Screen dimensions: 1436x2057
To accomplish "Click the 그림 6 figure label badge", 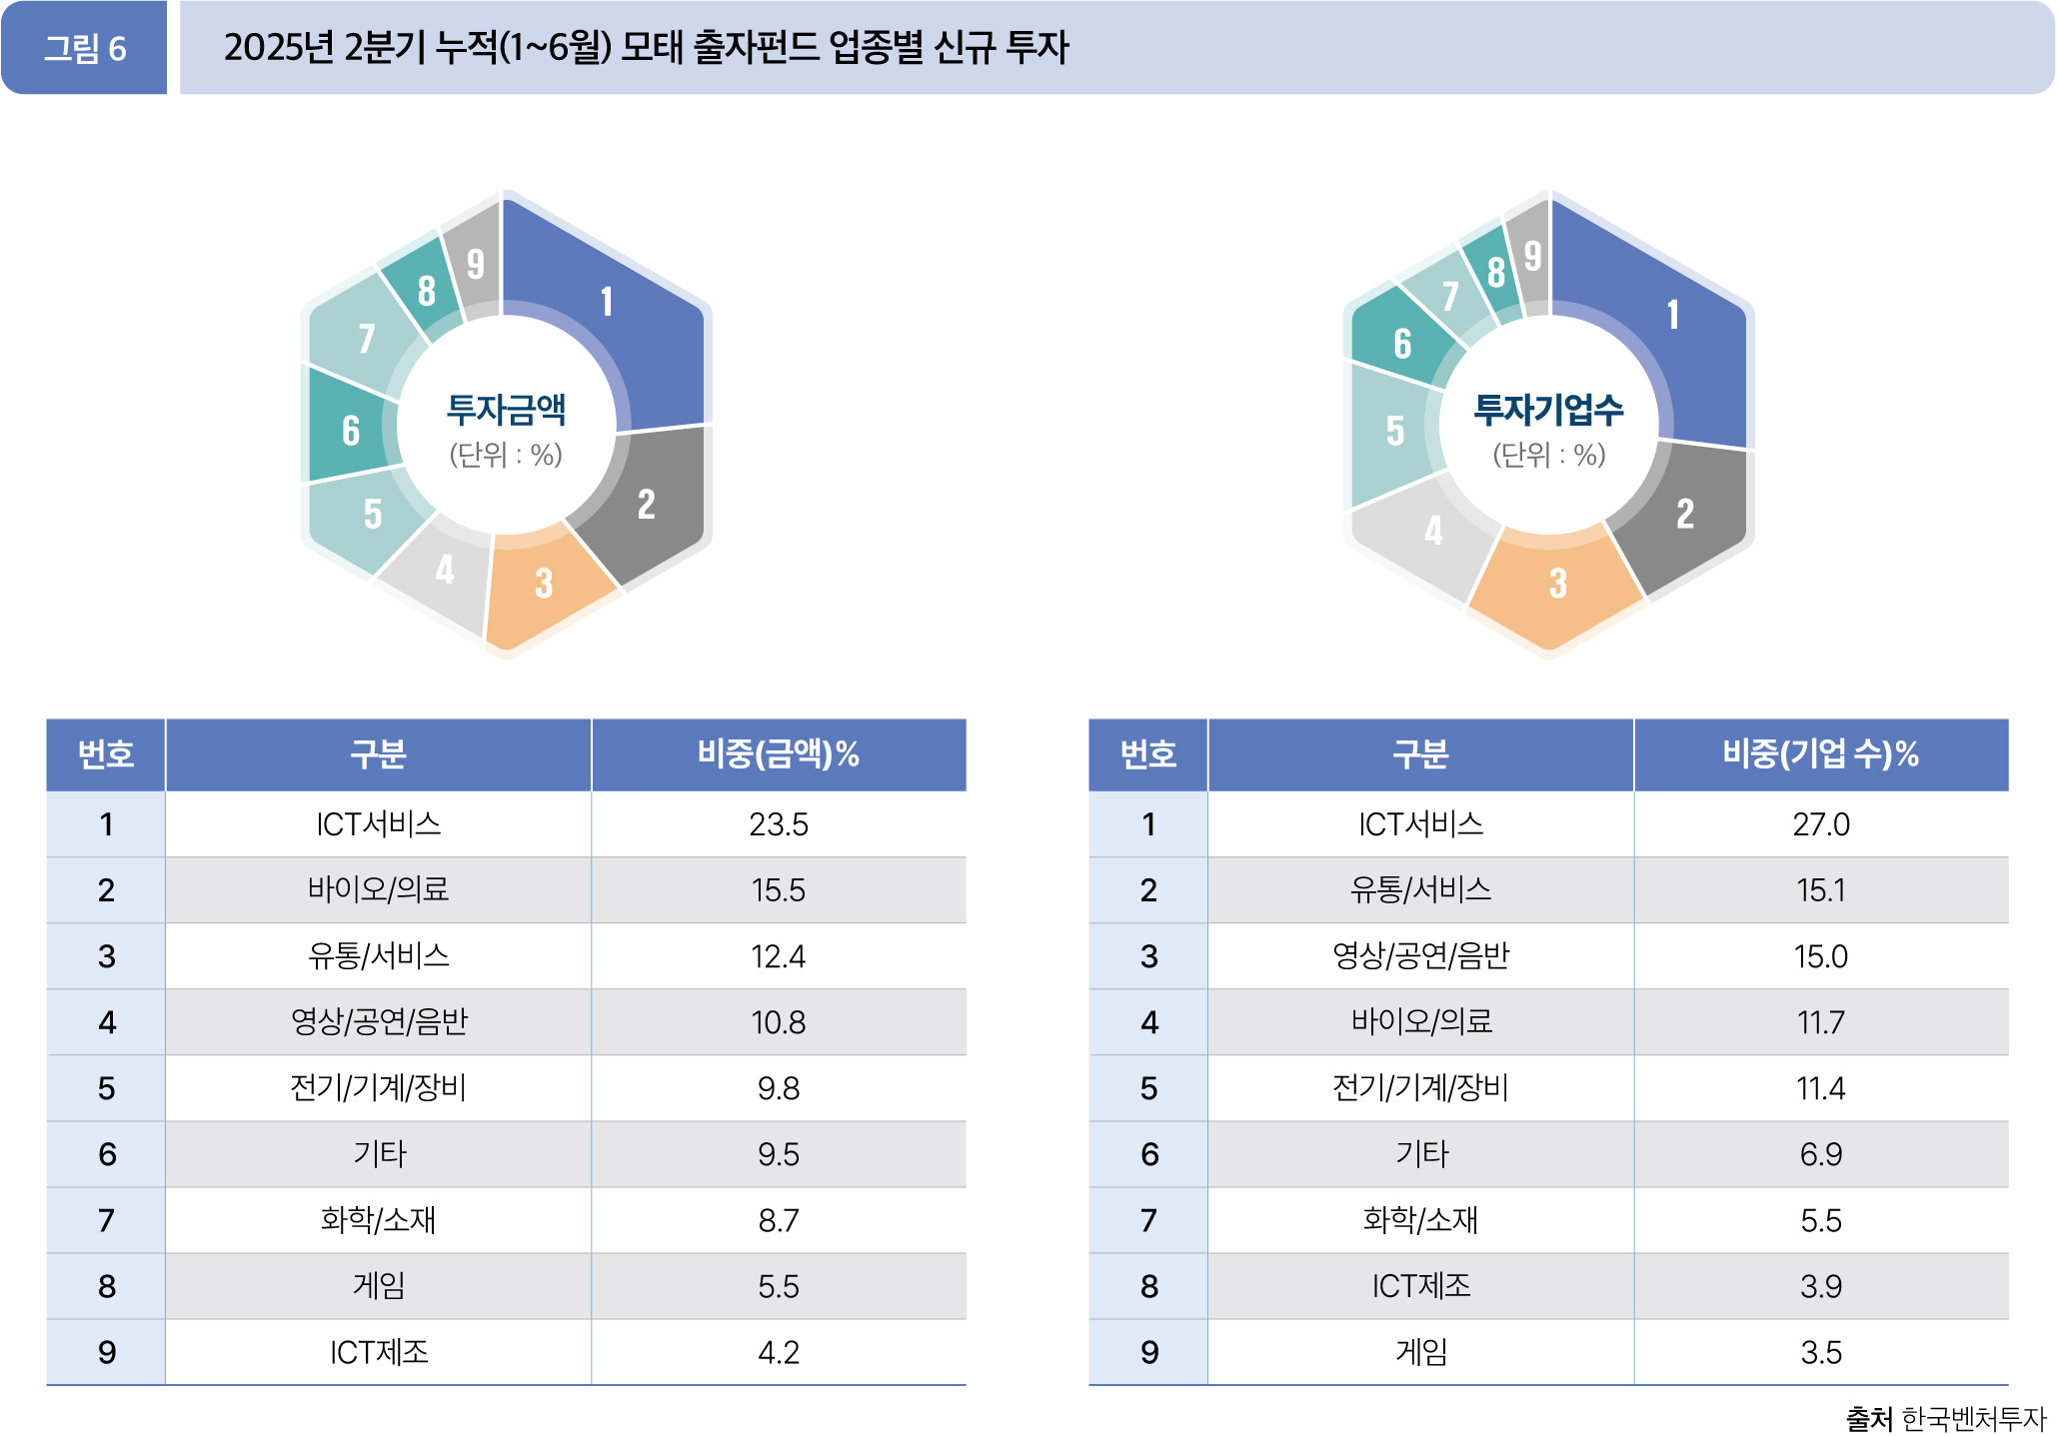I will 84,48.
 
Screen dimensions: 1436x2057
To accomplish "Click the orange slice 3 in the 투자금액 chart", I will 544,585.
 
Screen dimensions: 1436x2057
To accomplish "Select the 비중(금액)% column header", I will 778,754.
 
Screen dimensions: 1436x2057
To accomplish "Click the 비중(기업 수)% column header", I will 1820,754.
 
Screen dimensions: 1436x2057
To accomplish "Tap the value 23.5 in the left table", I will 778,824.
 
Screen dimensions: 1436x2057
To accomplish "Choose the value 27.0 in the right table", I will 1820,824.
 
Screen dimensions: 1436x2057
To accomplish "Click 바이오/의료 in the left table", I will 378,889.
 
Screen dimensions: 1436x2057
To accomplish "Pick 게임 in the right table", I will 1420,1352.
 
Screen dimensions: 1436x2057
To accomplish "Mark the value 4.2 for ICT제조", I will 778,1352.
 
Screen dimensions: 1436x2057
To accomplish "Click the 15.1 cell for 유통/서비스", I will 1820,889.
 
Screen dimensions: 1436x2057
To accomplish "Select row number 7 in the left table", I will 106,1220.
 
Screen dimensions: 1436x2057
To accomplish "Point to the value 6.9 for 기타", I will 1820,1154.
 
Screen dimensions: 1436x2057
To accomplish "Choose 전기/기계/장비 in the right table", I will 1420,1087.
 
